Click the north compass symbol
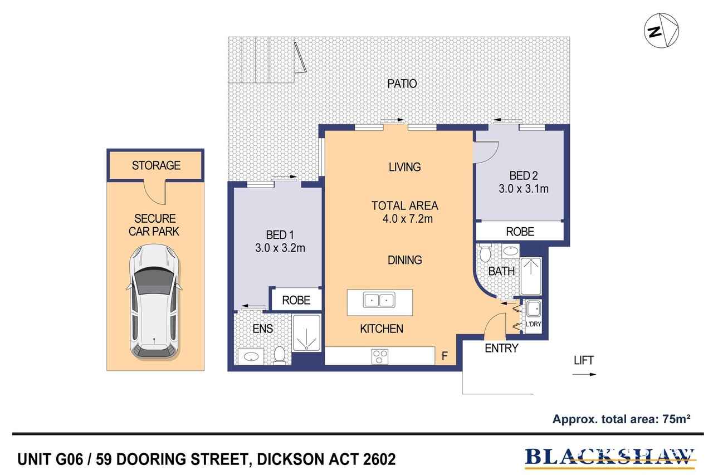click(x=661, y=31)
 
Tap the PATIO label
click(x=402, y=84)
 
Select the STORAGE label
click(x=156, y=165)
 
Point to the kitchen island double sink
click(x=379, y=300)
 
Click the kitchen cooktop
click(x=380, y=355)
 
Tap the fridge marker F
click(x=445, y=356)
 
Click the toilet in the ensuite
click(x=280, y=355)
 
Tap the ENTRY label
click(x=501, y=349)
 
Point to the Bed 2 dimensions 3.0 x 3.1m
click(x=523, y=189)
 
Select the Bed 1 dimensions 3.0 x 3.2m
click(x=280, y=248)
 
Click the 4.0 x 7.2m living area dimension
click(x=405, y=219)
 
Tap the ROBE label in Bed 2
click(x=519, y=232)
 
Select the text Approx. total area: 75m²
click(x=621, y=419)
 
